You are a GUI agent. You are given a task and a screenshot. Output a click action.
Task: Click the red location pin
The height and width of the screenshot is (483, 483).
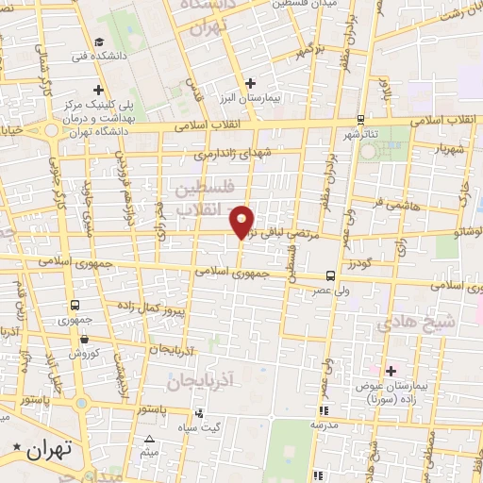click(243, 220)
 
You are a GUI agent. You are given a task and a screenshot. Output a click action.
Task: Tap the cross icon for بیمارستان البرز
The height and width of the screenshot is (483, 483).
click(250, 84)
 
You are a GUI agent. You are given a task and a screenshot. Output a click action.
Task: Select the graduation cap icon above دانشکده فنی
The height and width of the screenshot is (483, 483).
click(99, 41)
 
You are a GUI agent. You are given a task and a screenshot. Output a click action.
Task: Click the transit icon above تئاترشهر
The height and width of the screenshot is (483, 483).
click(360, 120)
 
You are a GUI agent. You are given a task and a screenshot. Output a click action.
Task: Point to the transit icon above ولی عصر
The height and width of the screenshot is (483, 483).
click(329, 276)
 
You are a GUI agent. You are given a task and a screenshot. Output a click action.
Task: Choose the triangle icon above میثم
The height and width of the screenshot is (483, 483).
click(149, 440)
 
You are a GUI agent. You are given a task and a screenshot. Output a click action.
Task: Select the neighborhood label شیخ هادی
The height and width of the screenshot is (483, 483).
click(417, 323)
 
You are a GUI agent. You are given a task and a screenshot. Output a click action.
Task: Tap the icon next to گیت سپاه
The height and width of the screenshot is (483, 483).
click(198, 413)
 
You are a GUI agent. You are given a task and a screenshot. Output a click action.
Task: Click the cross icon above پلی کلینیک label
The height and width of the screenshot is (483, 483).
click(111, 90)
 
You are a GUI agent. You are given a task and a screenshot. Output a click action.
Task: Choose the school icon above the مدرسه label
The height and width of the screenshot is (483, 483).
click(324, 410)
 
